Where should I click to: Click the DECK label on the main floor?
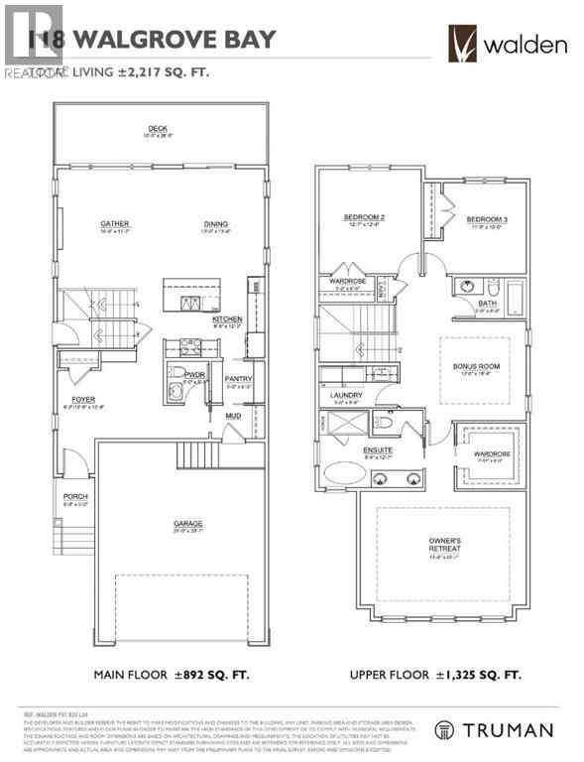pyautogui.click(x=157, y=128)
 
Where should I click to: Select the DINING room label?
pyautogui.click(x=216, y=224)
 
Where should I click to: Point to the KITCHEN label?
pyautogui.click(x=227, y=319)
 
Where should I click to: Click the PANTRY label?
pyautogui.click(x=238, y=378)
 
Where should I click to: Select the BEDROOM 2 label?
pyautogui.click(x=364, y=217)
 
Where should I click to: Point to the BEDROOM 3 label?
pyautogui.click(x=487, y=218)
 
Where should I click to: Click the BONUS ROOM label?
pyautogui.click(x=474, y=365)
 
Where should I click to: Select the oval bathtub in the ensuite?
pyautogui.click(x=346, y=472)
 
